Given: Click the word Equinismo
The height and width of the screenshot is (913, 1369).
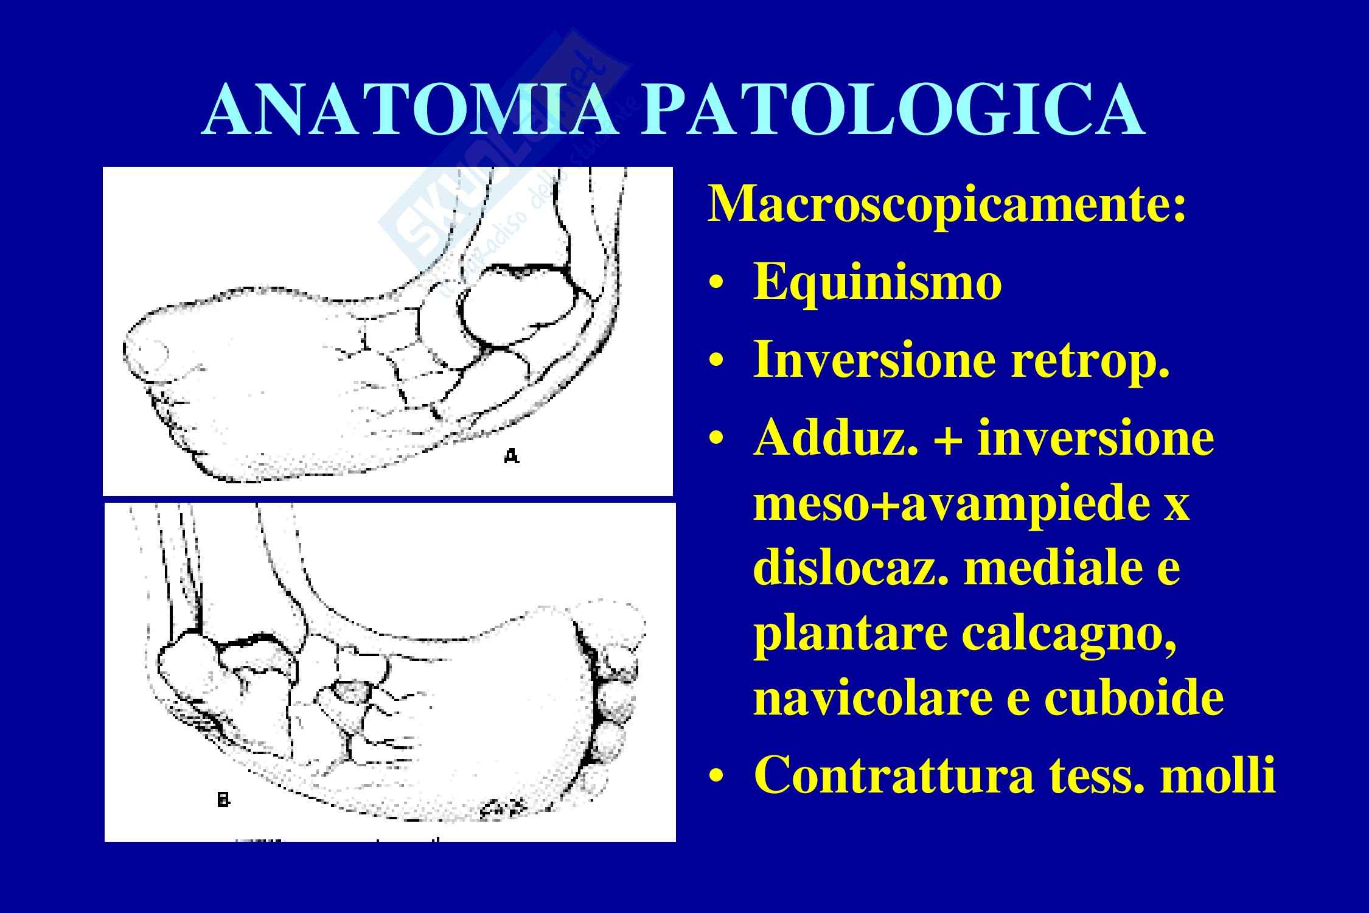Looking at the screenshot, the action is [x=877, y=283].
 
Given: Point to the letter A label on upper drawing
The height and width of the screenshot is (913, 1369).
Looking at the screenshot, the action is [x=512, y=456].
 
